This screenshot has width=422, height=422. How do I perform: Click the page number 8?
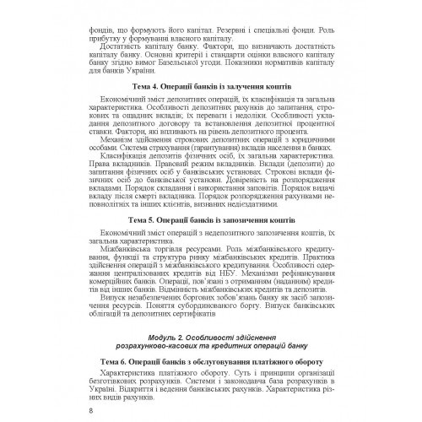point(89,411)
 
